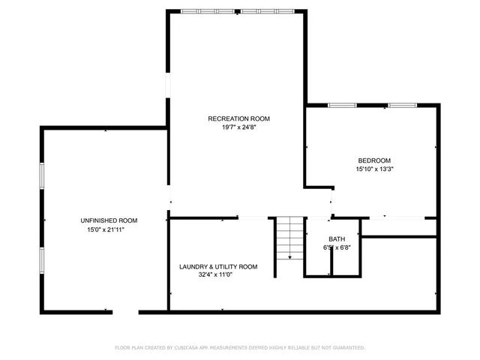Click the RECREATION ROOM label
tap(238, 118)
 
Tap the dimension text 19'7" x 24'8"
tap(238, 127)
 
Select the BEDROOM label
tap(374, 160)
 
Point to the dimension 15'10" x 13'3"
tap(374, 169)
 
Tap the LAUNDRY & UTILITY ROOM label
tap(217, 266)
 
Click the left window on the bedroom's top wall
tap(342, 106)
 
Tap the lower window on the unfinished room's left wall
tap(42, 259)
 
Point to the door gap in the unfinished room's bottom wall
tap(126, 311)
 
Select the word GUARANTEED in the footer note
tap(347, 348)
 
